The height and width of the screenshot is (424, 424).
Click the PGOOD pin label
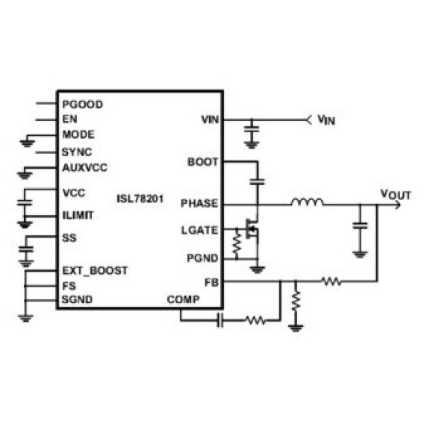tap(82, 105)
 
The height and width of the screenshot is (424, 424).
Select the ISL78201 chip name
tap(140, 199)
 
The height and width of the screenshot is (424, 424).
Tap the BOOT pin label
tap(202, 162)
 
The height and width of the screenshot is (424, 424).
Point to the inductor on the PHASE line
tap(308, 202)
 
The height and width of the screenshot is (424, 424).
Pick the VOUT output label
tap(396, 195)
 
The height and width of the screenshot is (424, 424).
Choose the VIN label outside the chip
tap(326, 119)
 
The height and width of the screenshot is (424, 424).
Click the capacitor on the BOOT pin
tap(257, 181)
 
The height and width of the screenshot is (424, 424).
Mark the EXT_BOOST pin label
tap(95, 271)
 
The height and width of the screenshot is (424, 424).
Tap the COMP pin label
tap(183, 299)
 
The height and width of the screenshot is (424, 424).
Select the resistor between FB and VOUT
tap(331, 281)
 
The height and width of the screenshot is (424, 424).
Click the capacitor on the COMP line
tap(220, 320)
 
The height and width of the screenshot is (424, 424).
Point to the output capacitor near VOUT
tap(360, 225)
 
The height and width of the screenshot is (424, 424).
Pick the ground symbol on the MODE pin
tap(28, 143)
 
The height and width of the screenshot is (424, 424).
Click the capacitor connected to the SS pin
tap(26, 249)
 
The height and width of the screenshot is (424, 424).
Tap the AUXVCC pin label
tap(84, 168)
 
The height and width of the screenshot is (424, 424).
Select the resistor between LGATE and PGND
tap(237, 243)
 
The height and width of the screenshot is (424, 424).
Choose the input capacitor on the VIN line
tap(252, 129)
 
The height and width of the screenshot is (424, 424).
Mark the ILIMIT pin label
tap(78, 216)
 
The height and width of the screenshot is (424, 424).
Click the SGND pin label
tap(77, 299)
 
